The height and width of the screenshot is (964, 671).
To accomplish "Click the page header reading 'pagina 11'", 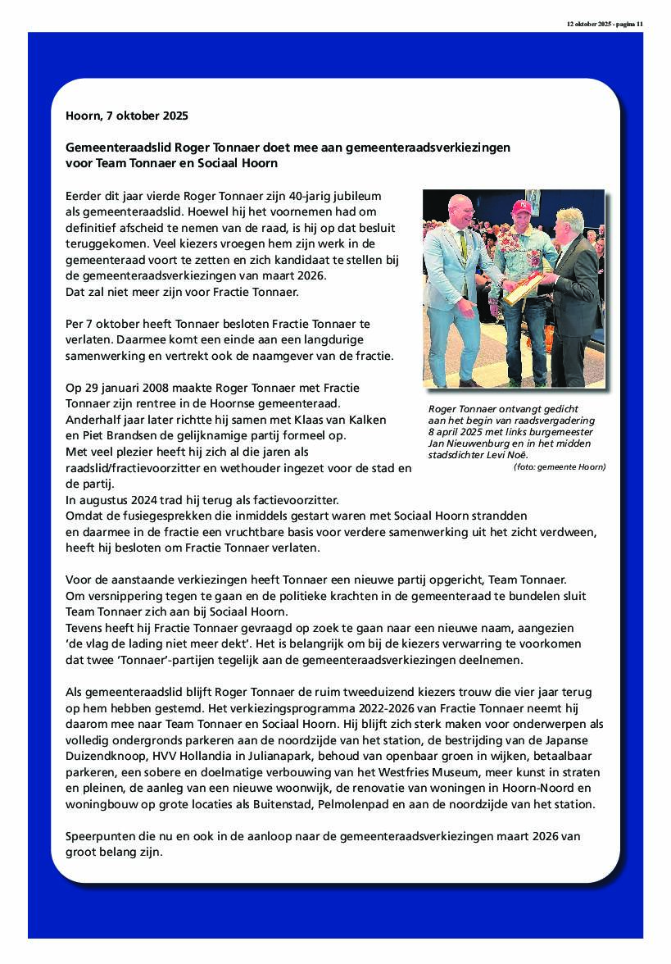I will tap(629, 25).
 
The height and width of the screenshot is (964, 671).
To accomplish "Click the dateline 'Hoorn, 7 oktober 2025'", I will tap(126, 116).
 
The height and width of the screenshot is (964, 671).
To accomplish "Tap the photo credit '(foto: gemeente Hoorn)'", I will tap(560, 466).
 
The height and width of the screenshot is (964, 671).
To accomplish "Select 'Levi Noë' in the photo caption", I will tap(505, 455).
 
